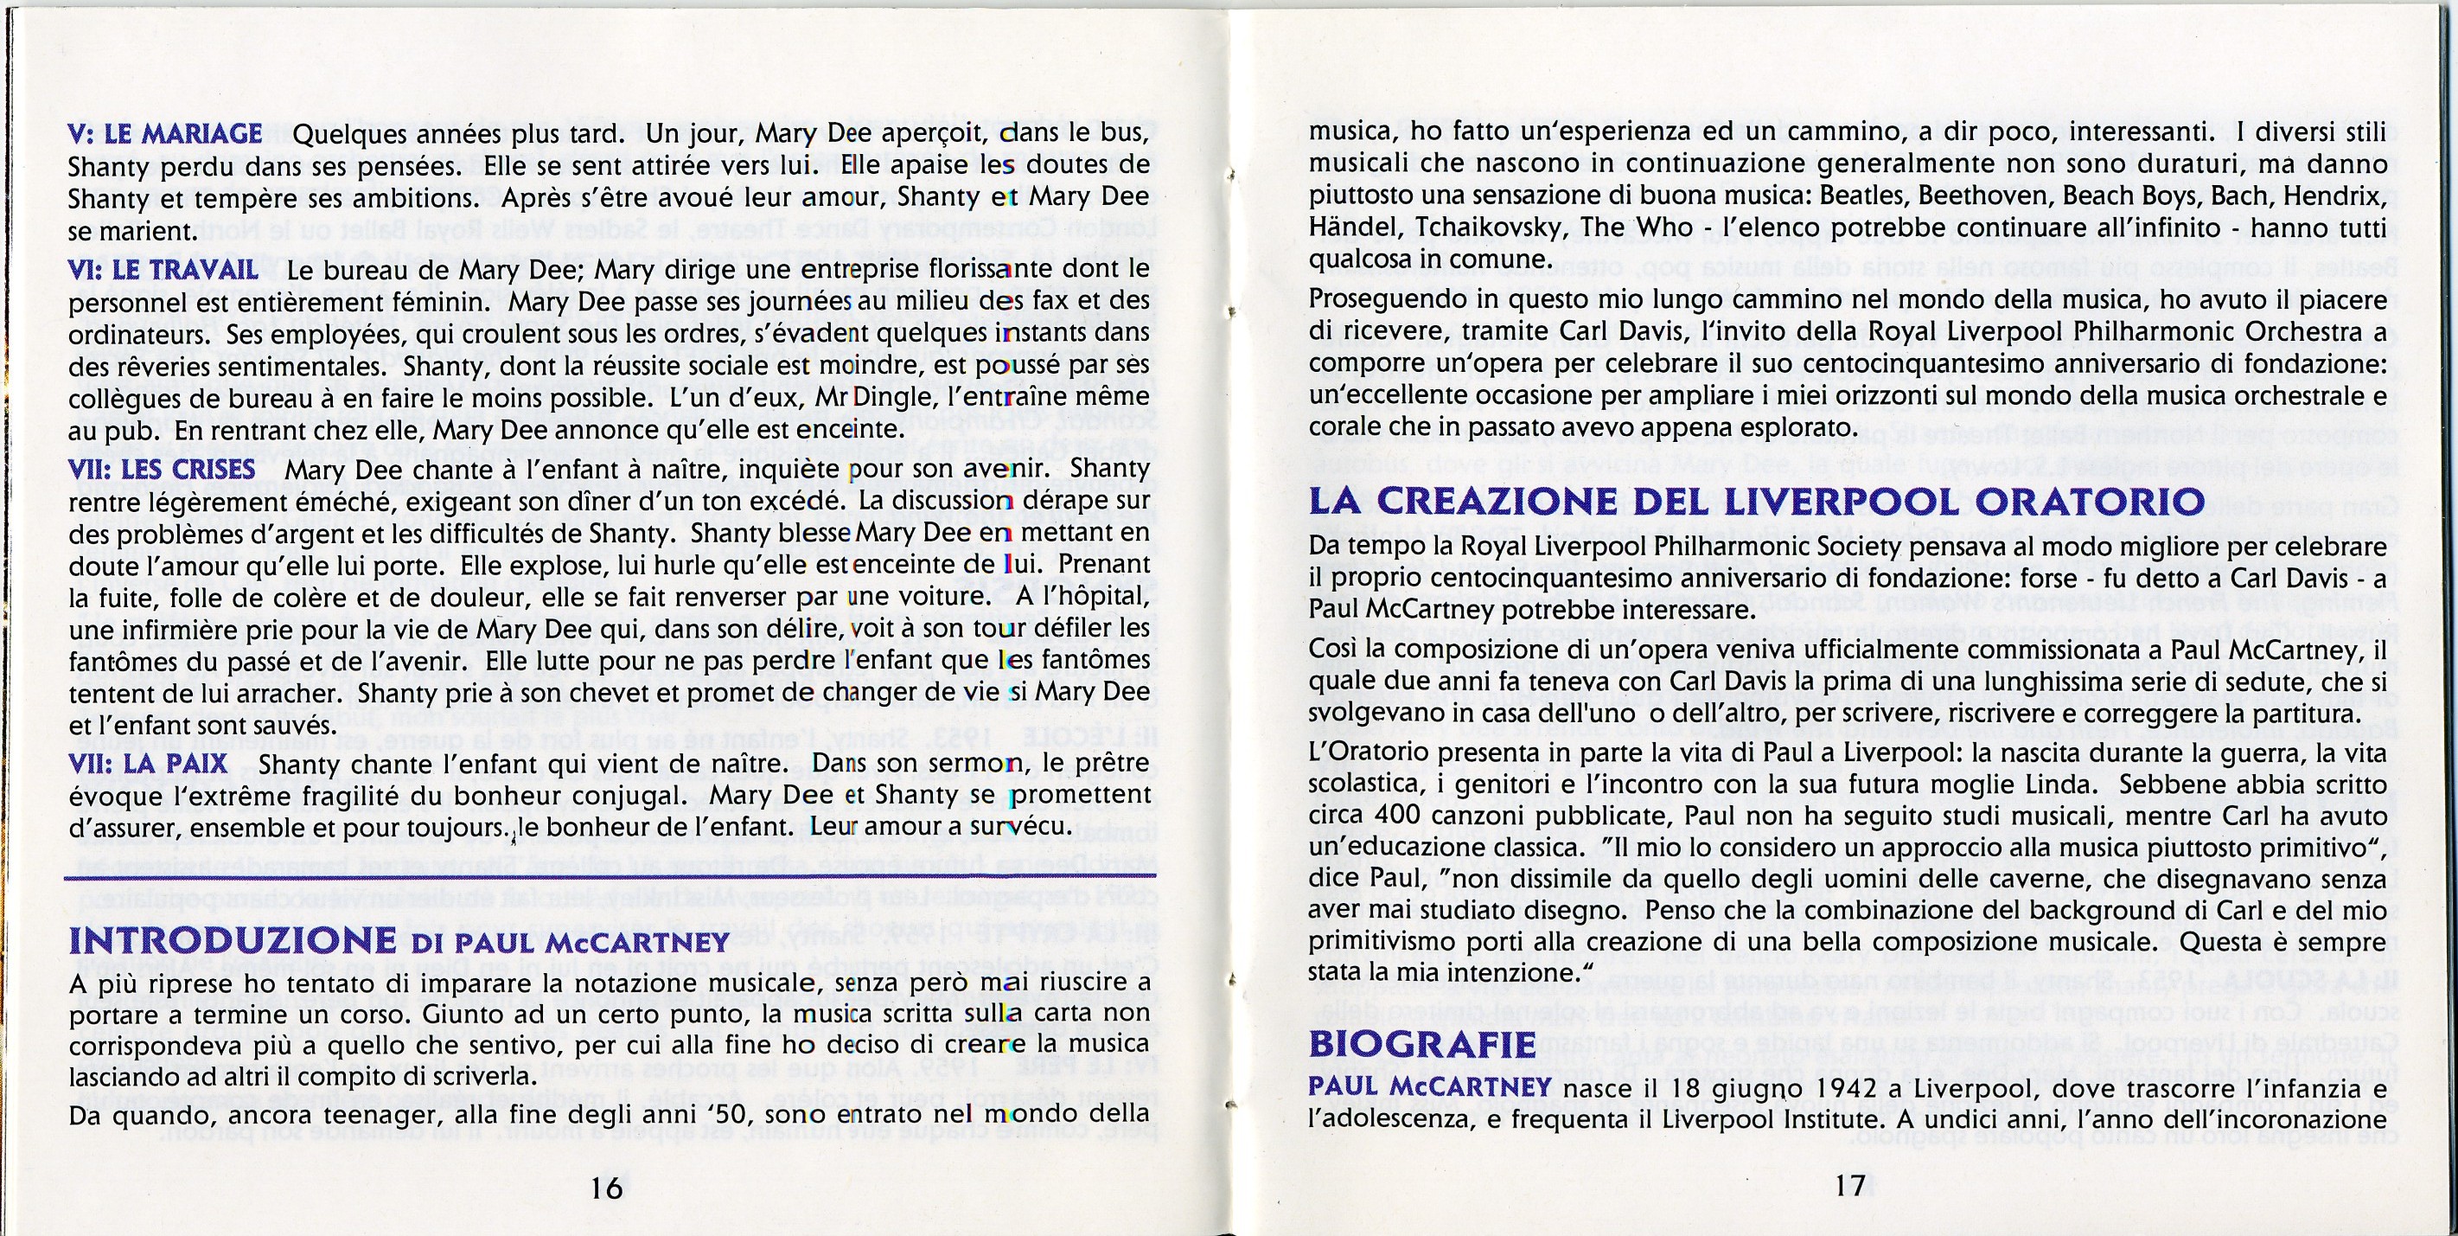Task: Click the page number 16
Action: tap(606, 1187)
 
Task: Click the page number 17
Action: tap(1849, 1186)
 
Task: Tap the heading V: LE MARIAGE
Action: tap(165, 133)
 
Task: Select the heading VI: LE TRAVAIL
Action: tap(163, 270)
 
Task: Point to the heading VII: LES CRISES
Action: tap(163, 470)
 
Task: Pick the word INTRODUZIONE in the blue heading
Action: tap(233, 940)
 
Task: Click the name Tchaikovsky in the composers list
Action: tap(1482, 229)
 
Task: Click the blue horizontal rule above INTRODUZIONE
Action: tap(610, 874)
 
